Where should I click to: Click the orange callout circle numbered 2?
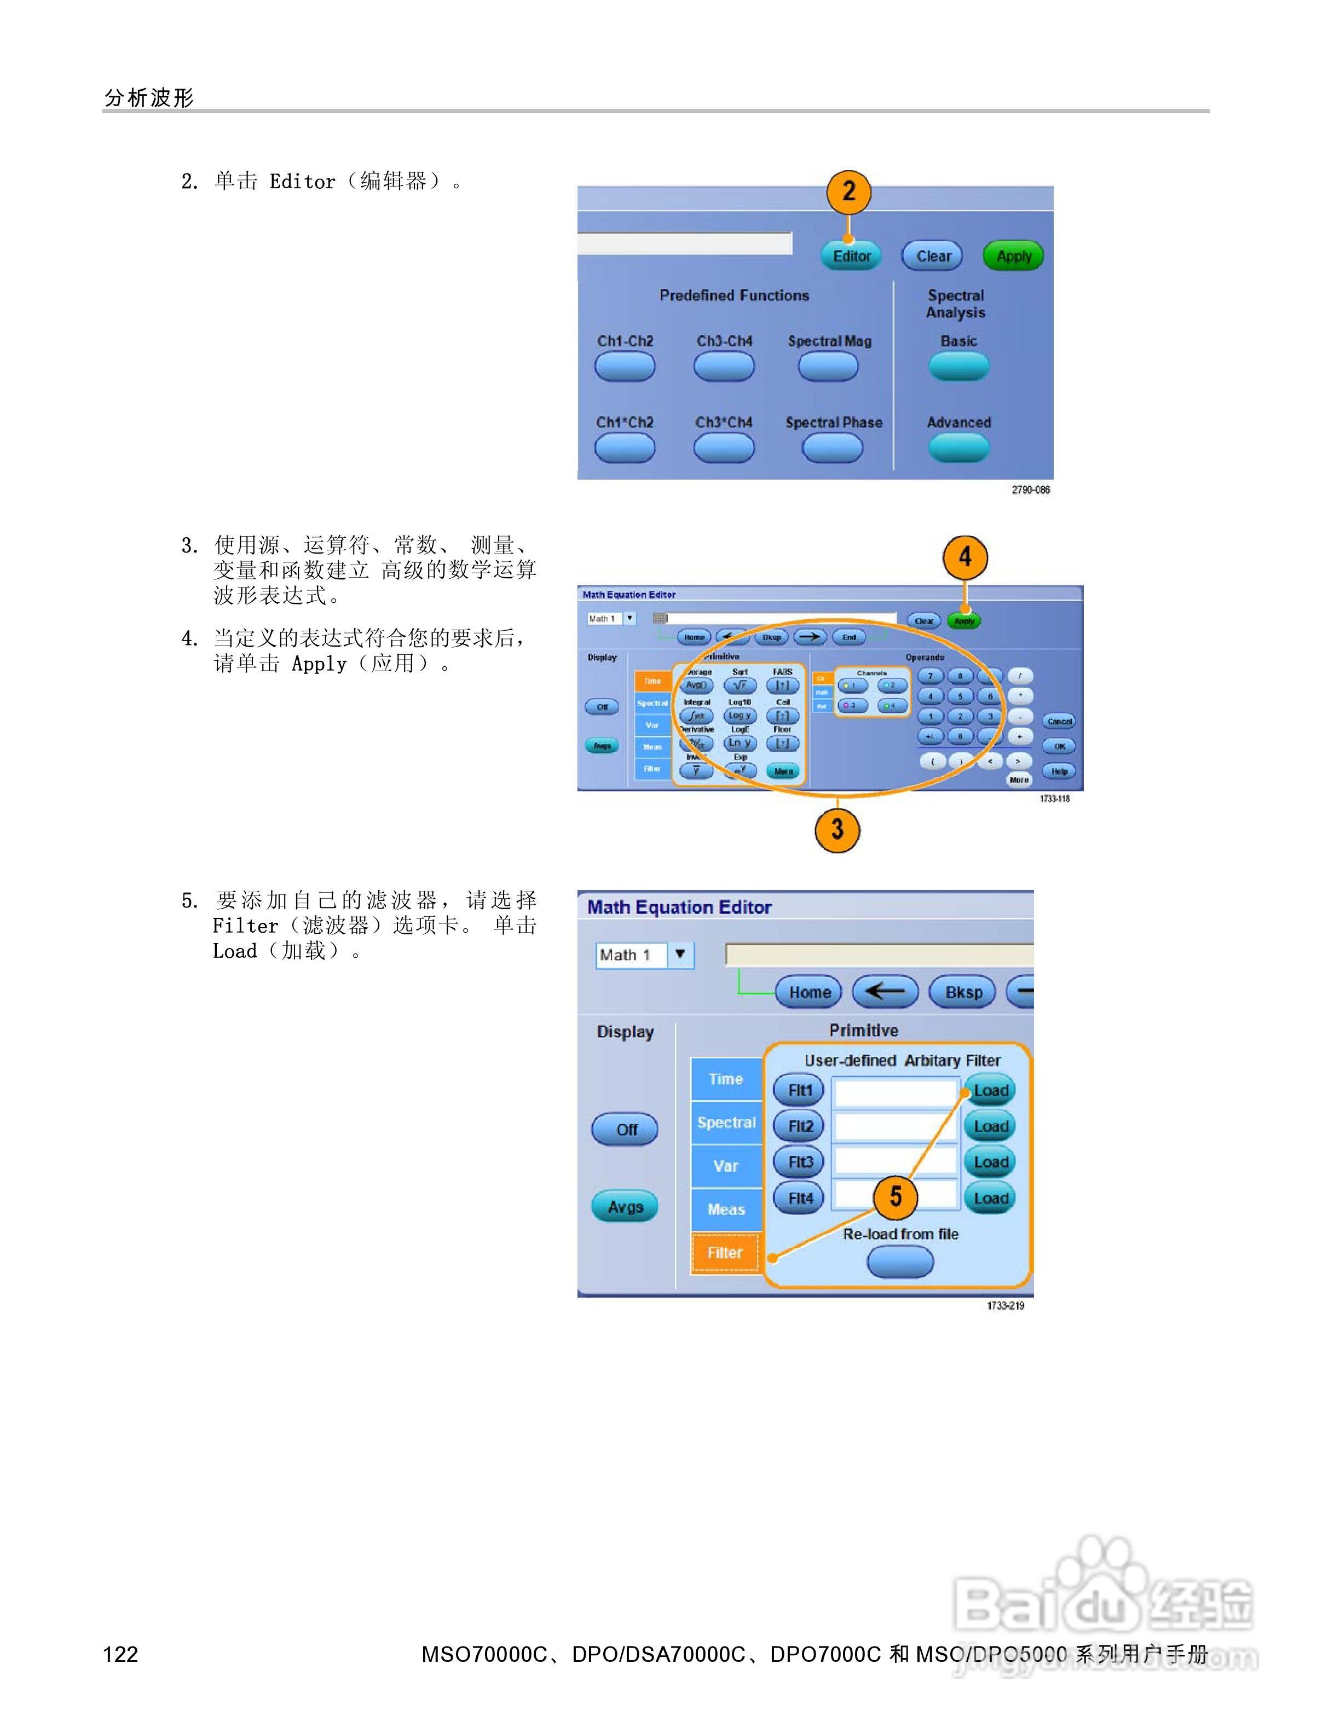coord(848,191)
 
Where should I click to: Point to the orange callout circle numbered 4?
coord(964,557)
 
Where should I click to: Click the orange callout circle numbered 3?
coord(837,830)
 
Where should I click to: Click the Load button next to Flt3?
coord(990,1162)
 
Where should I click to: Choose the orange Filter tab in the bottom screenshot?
coord(725,1253)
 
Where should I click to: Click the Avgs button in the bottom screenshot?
coord(625,1207)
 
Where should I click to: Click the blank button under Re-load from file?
coord(899,1261)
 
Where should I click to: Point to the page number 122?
coord(120,1654)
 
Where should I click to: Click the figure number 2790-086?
coord(1030,490)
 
